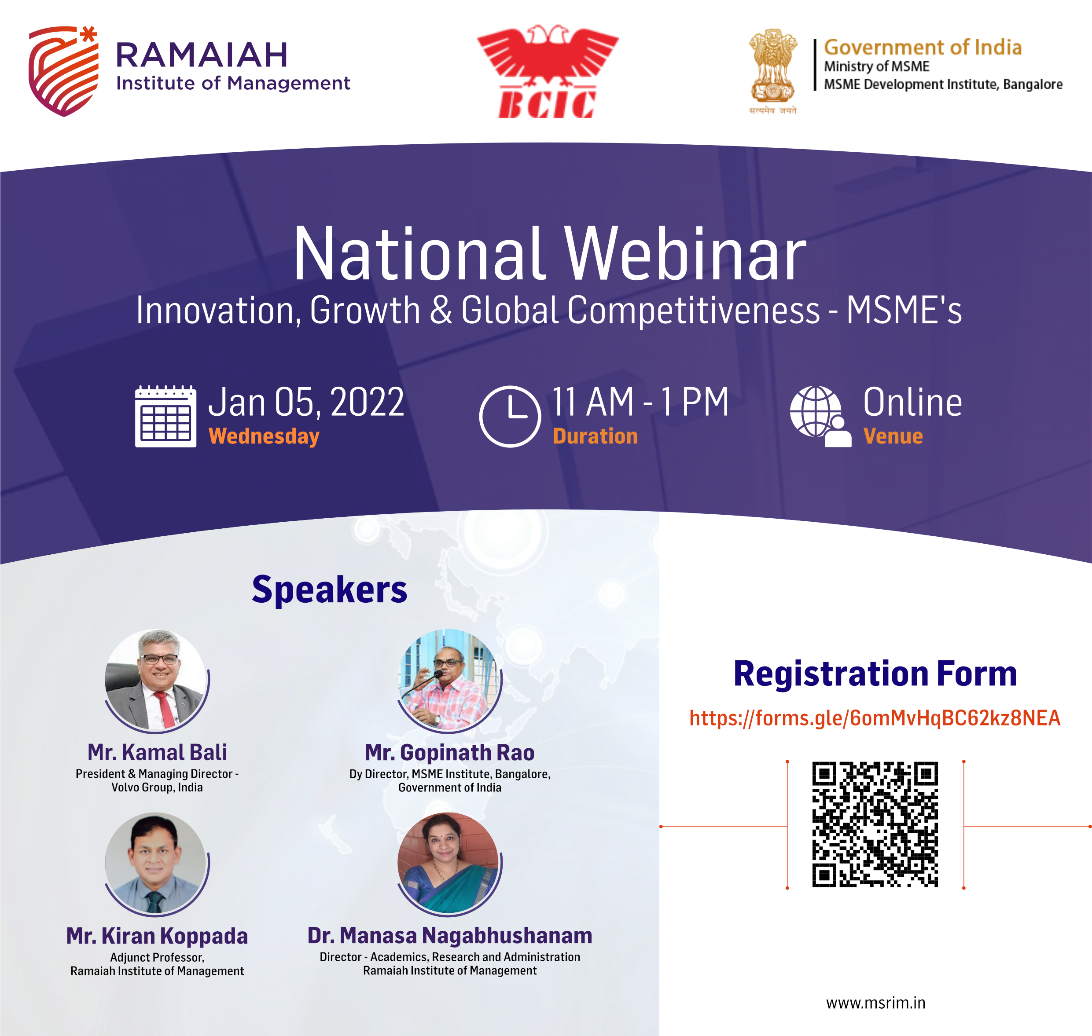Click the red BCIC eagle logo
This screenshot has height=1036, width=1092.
pos(547,71)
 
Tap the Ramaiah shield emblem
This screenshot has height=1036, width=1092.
pos(63,71)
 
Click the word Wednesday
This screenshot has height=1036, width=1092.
pos(264,436)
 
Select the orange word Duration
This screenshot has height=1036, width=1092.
pos(595,436)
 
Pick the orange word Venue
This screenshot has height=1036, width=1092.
pos(893,436)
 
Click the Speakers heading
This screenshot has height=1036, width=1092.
pos(329,590)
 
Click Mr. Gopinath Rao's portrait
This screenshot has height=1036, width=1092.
pos(450,681)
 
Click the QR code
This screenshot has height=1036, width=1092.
pos(875,824)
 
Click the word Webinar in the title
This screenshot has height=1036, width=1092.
pos(685,254)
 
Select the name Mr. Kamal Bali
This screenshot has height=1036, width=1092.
pos(157,752)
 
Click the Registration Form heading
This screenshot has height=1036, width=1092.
pos(875,674)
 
